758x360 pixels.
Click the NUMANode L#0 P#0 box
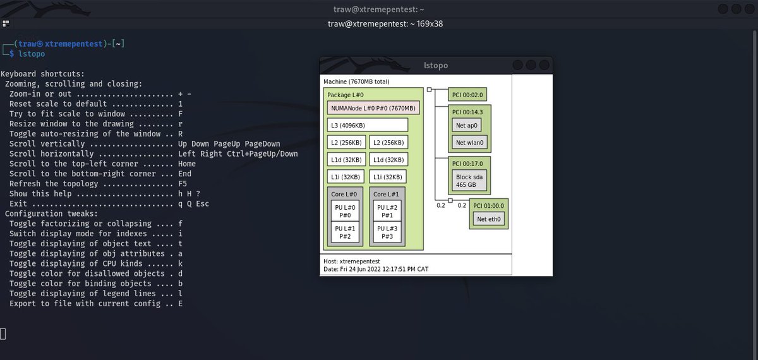pyautogui.click(x=373, y=108)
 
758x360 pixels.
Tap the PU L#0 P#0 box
pyautogui.click(x=345, y=211)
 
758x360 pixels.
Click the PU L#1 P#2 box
pyautogui.click(x=345, y=232)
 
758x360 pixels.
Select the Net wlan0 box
pyautogui.click(x=469, y=142)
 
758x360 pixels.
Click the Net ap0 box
pyautogui.click(x=466, y=125)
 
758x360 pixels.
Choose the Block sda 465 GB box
pyautogui.click(x=469, y=181)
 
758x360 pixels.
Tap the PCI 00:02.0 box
pyautogui.click(x=467, y=95)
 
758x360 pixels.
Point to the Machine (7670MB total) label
pyautogui.click(x=356, y=81)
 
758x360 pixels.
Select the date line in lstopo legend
pyautogui.click(x=376, y=269)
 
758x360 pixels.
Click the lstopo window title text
pyautogui.click(x=436, y=65)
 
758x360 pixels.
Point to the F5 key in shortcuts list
pyautogui.click(x=183, y=184)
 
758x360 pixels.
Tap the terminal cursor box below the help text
pyautogui.click(x=3, y=333)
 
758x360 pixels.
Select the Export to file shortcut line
pyautogui.click(x=95, y=304)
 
